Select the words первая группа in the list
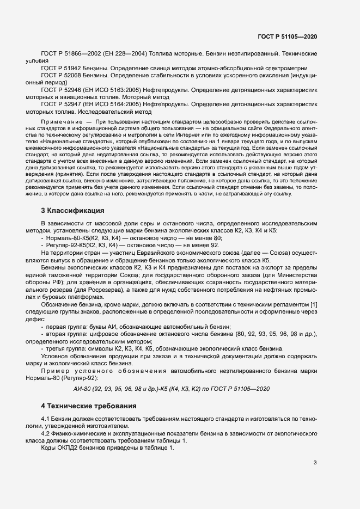point(65,326)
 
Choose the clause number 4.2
point(46,433)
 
